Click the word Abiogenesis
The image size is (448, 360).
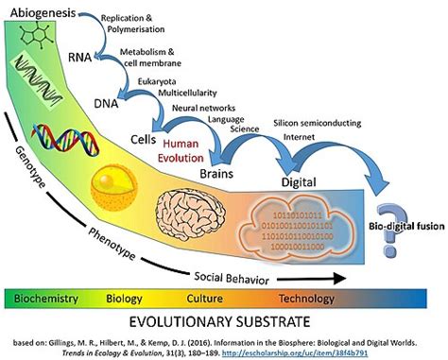click(x=42, y=15)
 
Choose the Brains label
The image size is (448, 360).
click(x=241, y=174)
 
